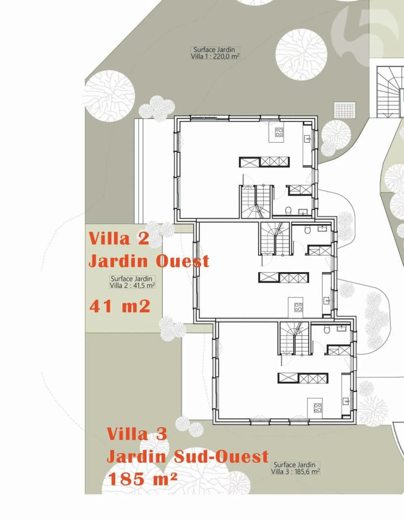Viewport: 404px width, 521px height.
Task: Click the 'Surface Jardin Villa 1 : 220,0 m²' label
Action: [x=215, y=53]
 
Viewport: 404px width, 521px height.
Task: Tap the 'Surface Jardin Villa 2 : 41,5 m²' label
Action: [x=132, y=282]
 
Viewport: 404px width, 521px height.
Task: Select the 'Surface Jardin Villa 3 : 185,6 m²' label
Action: [x=295, y=468]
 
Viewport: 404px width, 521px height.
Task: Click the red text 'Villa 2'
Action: [x=119, y=238]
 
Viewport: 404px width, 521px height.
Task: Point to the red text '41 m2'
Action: [x=120, y=306]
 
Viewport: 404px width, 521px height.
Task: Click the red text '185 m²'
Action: [x=143, y=479]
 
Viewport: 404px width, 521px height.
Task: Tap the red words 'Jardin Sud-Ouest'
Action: [x=187, y=457]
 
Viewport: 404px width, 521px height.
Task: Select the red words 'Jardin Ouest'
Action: [x=149, y=261]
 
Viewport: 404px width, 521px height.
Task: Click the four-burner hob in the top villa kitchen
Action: [x=279, y=132]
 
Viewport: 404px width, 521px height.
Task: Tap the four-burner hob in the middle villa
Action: [x=298, y=307]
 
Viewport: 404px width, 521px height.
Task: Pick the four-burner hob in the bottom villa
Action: [x=318, y=408]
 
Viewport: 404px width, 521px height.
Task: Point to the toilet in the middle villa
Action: [x=307, y=230]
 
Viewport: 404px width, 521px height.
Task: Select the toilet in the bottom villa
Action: [x=327, y=329]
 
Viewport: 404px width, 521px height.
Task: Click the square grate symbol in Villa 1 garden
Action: [x=345, y=110]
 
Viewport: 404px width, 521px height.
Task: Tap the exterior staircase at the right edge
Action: [x=389, y=92]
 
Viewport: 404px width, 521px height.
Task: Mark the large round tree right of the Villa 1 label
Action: [x=301, y=55]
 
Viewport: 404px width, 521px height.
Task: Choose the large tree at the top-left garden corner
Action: [x=109, y=96]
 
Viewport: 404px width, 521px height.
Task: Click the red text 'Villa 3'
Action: [x=137, y=434]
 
